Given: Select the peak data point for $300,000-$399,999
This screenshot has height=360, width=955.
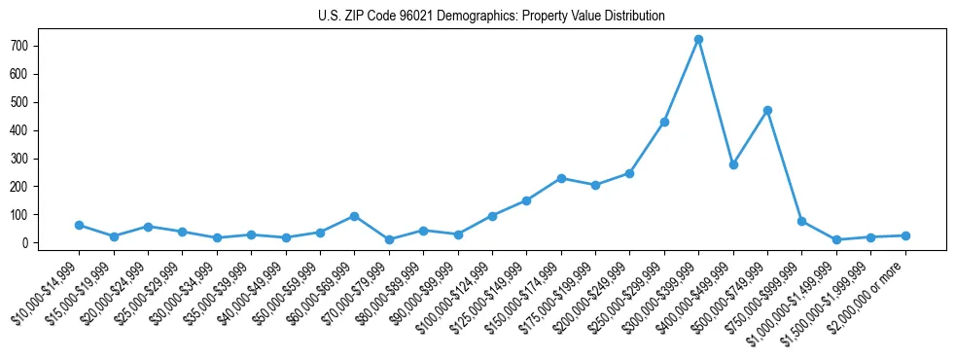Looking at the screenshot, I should [698, 40].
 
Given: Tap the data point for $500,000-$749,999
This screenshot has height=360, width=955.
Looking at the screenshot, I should [767, 110].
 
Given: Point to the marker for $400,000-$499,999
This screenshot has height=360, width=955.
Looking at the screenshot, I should [733, 164].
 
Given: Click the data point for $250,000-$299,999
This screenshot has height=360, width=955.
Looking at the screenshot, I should [664, 122].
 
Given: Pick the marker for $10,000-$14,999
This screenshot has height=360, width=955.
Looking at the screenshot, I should [79, 225].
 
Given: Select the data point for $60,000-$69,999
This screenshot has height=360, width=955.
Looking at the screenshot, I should [354, 216].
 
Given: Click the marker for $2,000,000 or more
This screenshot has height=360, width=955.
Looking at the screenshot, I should [905, 235].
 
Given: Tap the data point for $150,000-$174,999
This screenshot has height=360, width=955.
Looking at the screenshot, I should [561, 178].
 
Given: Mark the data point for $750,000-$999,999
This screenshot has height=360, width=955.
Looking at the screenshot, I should [801, 221].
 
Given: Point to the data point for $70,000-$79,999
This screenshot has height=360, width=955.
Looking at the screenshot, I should [389, 239].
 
